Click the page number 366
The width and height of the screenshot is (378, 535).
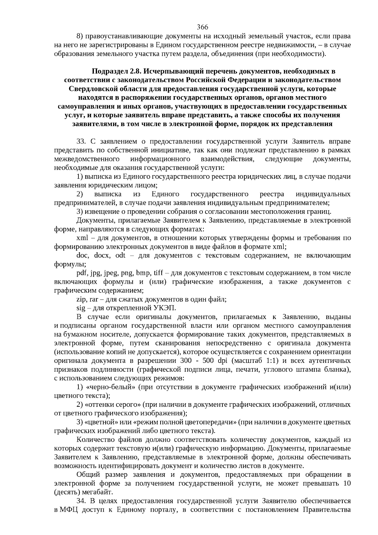(x=203, y=27)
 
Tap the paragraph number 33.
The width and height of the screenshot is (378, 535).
(x=81, y=142)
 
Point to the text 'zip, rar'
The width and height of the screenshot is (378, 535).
(x=87, y=299)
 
